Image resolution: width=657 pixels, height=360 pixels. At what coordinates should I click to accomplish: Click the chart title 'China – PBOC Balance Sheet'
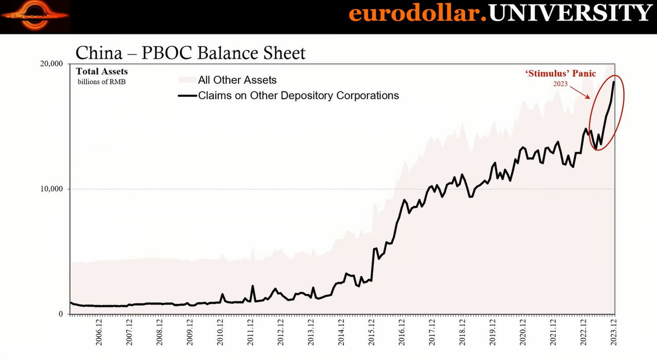[190, 53]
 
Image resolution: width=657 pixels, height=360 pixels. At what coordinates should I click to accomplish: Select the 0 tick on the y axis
[61, 314]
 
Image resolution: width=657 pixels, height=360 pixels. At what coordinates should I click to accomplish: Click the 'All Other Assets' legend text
[237, 80]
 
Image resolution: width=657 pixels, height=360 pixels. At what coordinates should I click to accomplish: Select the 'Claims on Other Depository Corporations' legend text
[298, 96]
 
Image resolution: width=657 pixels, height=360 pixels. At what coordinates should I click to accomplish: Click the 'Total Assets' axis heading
[102, 71]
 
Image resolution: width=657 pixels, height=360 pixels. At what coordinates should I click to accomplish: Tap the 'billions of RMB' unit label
[101, 81]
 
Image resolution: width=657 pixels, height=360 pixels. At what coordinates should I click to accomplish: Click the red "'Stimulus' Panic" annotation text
[560, 74]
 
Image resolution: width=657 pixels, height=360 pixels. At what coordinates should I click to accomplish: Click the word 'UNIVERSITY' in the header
[570, 13]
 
